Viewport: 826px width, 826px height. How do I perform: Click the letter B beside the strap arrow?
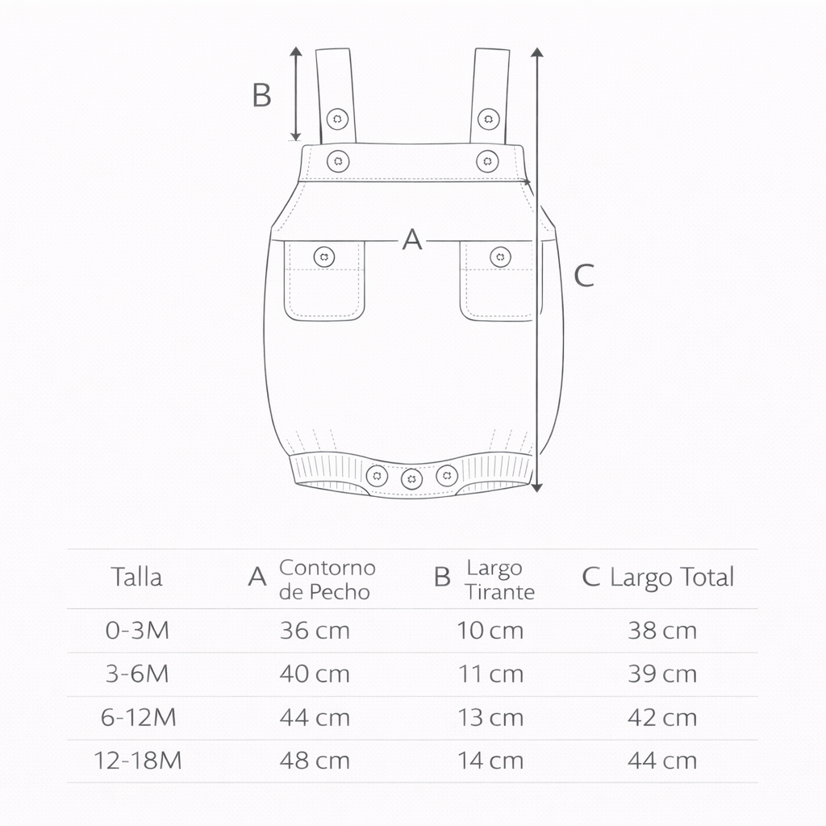tap(262, 95)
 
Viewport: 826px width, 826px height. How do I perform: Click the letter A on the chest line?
tap(412, 240)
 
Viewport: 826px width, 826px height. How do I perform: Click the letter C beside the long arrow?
tap(584, 276)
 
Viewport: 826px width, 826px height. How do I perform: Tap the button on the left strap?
tap(337, 119)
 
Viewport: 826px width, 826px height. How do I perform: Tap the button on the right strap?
tap(488, 119)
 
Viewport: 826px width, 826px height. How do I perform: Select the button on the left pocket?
tap(324, 257)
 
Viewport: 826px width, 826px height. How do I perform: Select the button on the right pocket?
tap(500, 257)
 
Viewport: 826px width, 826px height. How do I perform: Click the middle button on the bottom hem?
tap(411, 479)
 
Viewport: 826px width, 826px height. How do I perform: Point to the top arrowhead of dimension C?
tap(536, 52)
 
